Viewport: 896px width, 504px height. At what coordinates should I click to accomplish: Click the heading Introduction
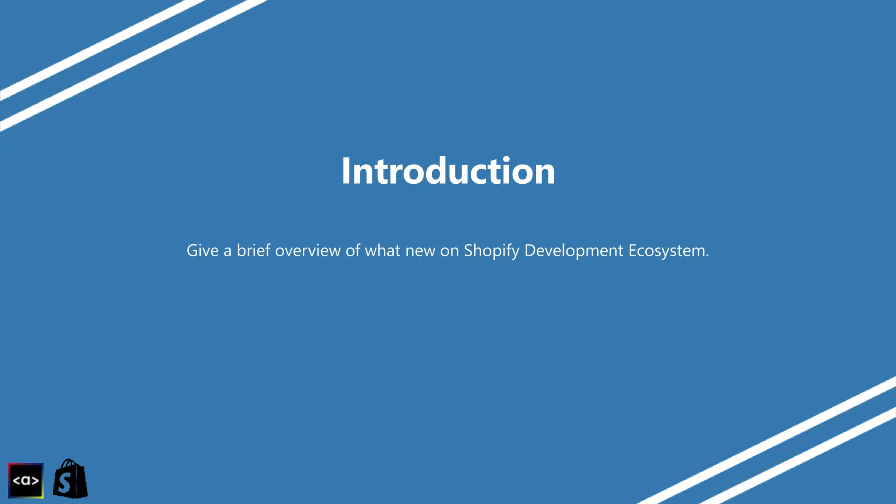pos(448,171)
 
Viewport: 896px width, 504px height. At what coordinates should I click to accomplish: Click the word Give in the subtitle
pos(202,251)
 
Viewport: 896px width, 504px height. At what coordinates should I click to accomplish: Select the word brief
pos(253,251)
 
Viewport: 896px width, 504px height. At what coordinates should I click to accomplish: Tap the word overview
pos(308,251)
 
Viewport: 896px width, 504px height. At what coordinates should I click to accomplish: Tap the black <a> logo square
pos(26,480)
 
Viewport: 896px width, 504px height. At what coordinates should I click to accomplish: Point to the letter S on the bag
pos(64,484)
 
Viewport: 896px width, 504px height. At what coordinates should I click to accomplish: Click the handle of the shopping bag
pos(70,463)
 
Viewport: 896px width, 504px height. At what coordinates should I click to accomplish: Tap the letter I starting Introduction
pos(346,171)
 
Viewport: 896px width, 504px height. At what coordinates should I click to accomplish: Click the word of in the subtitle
pos(353,251)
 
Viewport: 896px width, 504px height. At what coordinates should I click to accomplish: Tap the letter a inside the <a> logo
pos(26,481)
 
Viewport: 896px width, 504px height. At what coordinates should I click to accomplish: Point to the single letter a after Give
pos(227,252)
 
